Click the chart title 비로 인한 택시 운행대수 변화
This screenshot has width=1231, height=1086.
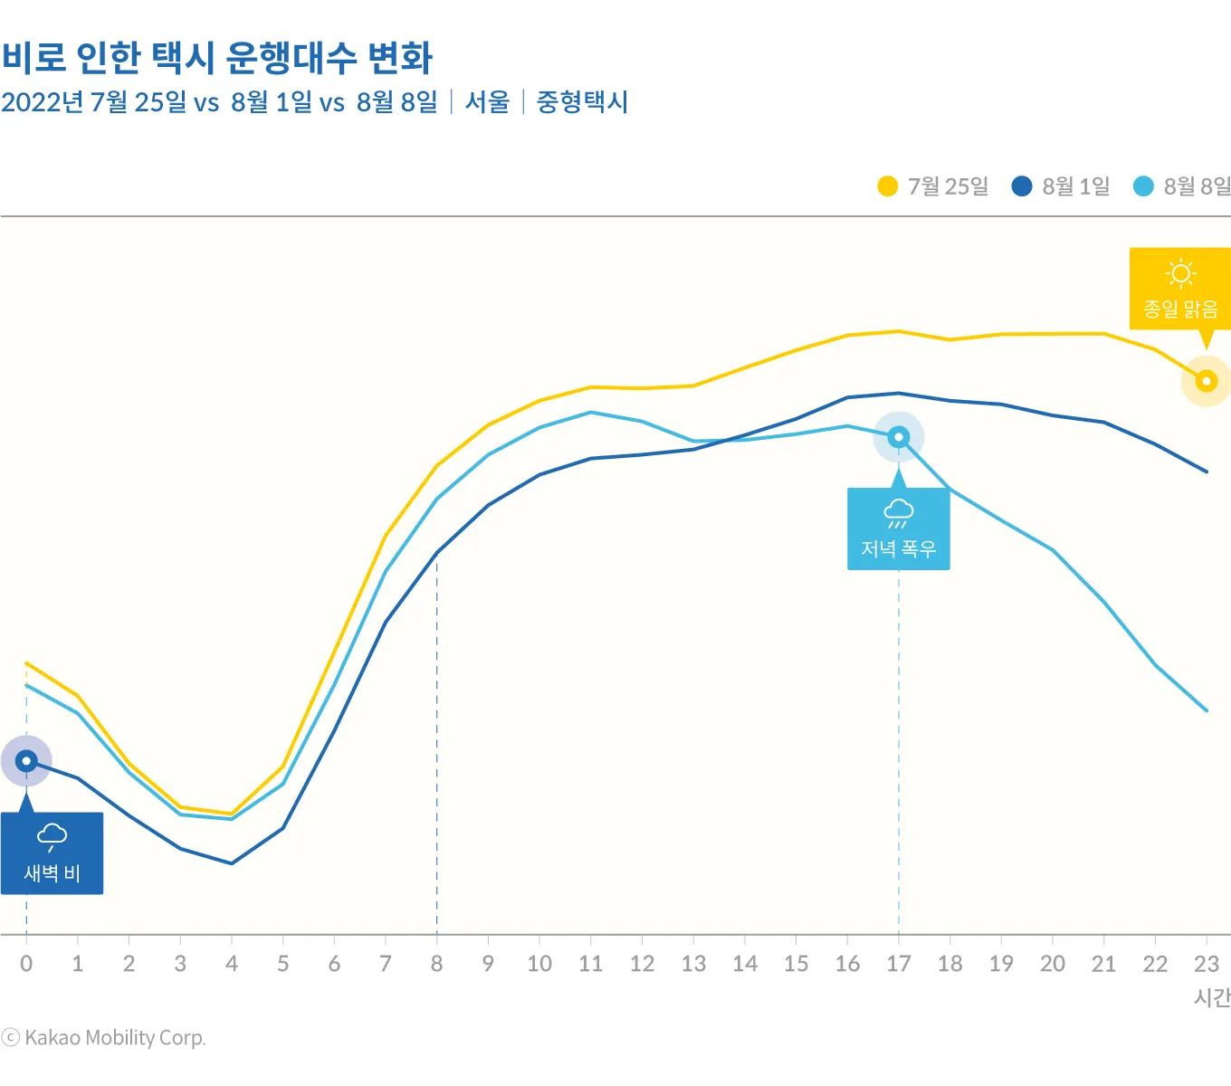click(217, 58)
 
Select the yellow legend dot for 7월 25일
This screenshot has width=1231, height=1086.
click(888, 186)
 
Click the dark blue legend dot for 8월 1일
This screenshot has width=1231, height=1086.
click(1022, 186)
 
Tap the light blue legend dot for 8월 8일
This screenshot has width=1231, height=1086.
click(1144, 186)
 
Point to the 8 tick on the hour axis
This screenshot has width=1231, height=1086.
click(437, 964)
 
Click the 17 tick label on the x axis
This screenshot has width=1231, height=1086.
click(899, 964)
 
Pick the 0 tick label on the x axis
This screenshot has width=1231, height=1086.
click(26, 964)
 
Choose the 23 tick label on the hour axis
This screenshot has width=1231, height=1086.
click(1207, 964)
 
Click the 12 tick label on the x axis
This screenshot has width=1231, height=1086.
click(642, 964)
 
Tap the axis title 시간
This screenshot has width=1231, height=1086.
click(1212, 997)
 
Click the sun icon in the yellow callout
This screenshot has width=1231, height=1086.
click(1180, 273)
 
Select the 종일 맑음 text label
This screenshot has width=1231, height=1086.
click(1180, 310)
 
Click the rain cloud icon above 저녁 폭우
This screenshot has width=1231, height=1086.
click(898, 512)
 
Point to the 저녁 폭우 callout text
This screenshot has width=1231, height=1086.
click(898, 548)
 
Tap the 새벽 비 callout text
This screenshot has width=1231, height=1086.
click(52, 873)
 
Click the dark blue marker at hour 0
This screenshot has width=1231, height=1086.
click(26, 761)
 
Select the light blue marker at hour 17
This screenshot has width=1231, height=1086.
click(899, 437)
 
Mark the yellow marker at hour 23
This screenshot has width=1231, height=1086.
click(1207, 381)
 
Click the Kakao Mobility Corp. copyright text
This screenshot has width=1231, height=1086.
click(105, 1038)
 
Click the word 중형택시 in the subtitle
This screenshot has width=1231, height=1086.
click(582, 102)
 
